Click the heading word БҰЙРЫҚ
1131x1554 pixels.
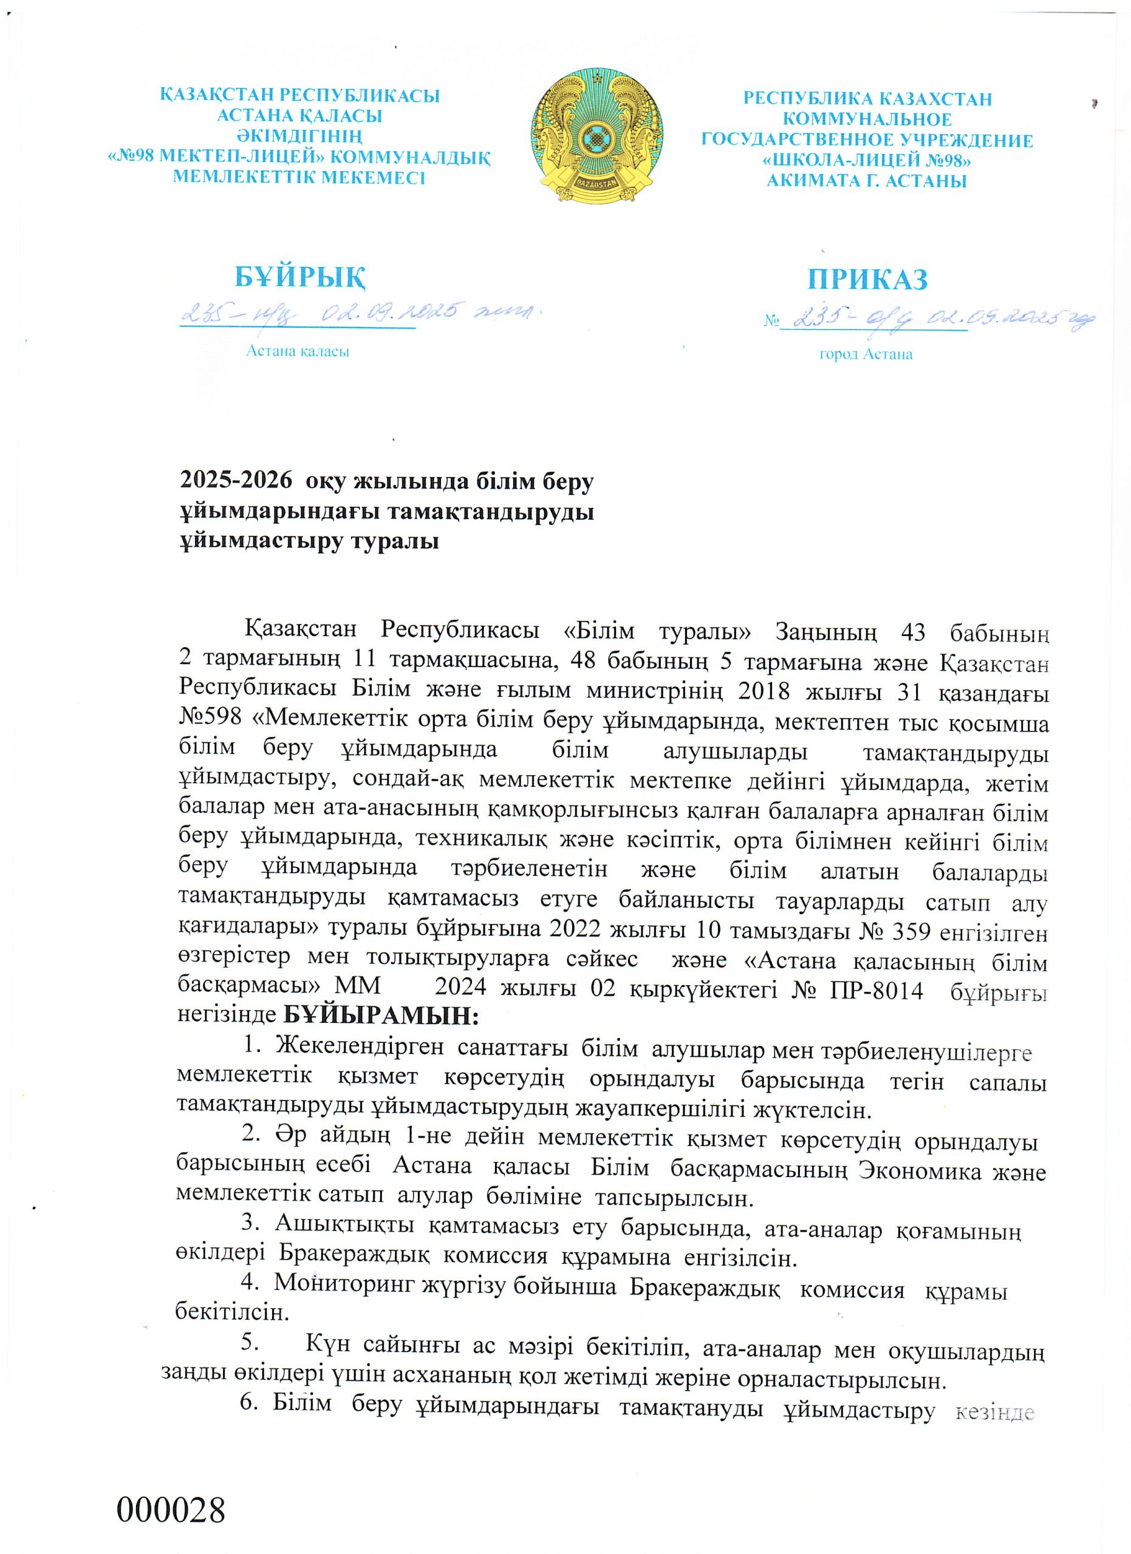(x=299, y=277)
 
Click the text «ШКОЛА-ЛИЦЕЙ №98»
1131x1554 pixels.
(x=867, y=161)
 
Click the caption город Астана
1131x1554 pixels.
(x=866, y=355)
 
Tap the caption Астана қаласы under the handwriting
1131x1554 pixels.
(x=298, y=351)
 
